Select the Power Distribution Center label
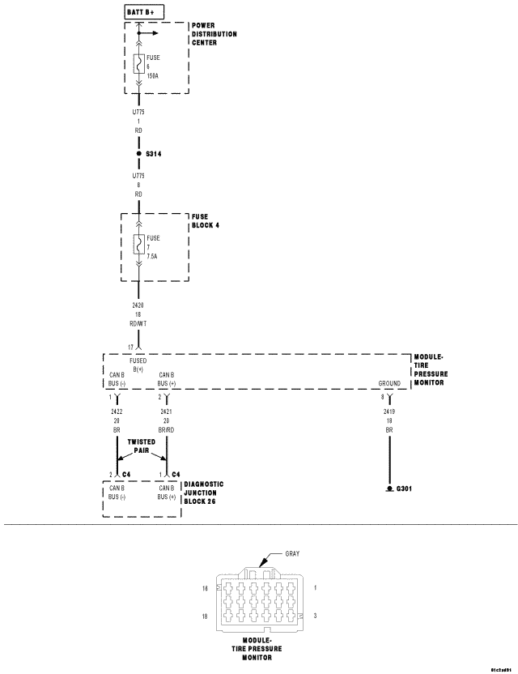214,35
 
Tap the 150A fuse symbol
139,63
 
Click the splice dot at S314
138,153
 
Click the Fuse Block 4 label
206,221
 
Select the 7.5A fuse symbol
139,245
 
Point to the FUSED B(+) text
138,364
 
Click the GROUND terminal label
389,383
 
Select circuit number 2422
117,412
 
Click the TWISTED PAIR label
141,446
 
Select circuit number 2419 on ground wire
389,412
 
